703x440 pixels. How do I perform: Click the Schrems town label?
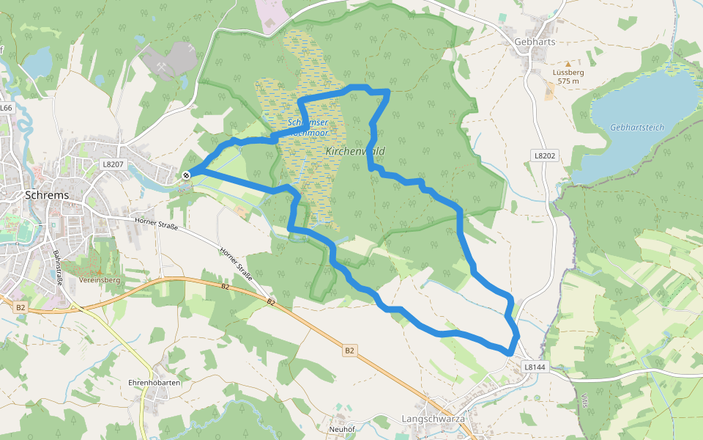point(47,195)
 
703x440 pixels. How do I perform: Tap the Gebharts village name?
point(535,42)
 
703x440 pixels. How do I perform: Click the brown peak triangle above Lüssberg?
point(568,65)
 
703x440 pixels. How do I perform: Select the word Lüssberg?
point(568,73)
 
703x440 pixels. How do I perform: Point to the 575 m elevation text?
point(568,81)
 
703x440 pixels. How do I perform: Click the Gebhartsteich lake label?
point(636,127)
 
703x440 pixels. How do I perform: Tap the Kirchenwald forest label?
point(355,151)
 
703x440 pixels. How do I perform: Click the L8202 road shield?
point(546,155)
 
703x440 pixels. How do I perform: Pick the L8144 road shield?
point(535,366)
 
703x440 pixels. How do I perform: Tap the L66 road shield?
point(7,108)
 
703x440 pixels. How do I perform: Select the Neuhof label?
point(342,429)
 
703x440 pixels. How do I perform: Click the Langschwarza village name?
point(434,418)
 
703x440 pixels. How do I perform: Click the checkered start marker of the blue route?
point(187,175)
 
